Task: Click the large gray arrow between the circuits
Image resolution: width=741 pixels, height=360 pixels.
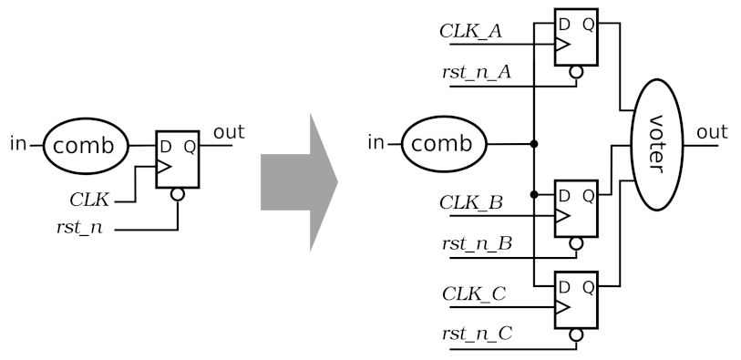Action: pos(296,181)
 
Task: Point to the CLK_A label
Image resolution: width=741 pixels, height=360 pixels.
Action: pos(469,31)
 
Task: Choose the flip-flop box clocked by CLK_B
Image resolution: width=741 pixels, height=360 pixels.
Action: pos(575,206)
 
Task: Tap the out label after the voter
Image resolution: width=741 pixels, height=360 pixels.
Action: pos(712,133)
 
